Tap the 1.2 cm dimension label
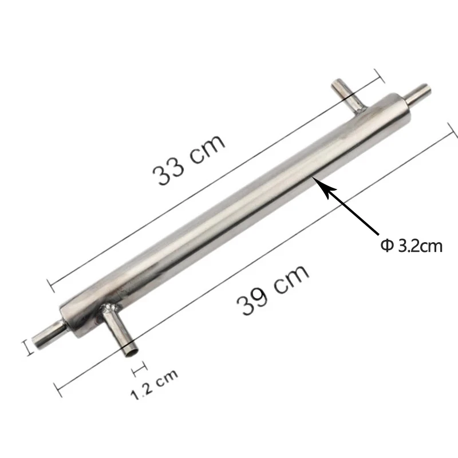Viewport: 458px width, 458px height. pos(154,384)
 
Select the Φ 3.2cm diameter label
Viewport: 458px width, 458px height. pos(412,247)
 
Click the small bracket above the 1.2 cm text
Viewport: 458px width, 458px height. pos(137,364)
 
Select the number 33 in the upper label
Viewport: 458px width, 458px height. pos(169,169)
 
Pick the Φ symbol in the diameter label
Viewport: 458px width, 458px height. pos(386,247)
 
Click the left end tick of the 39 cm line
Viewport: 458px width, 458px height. pos(57,389)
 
